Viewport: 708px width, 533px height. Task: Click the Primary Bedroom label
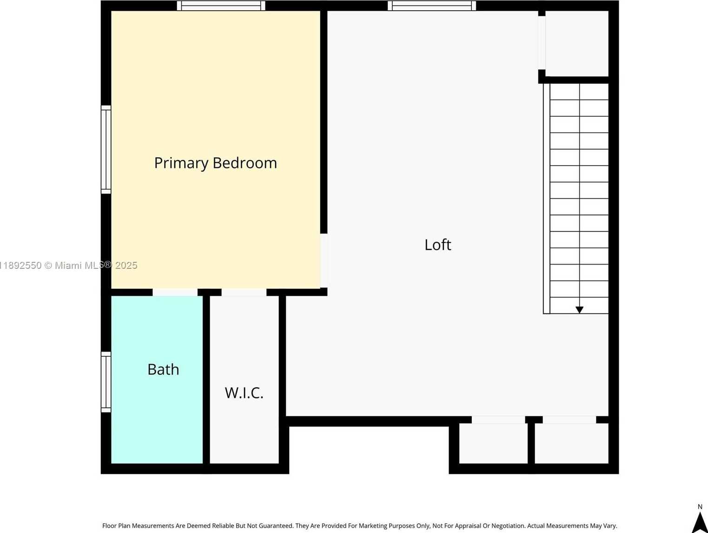pos(215,163)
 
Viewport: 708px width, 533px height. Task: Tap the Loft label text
pos(438,245)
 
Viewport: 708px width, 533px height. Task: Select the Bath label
pos(163,369)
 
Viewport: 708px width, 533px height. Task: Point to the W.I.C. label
pos(244,393)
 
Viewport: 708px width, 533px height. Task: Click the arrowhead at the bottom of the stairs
pos(579,310)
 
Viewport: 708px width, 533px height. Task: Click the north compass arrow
pos(700,523)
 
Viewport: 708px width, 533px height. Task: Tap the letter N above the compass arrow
pos(700,507)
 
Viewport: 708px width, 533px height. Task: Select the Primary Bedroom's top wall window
pos(221,6)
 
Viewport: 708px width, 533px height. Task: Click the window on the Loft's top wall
pos(431,6)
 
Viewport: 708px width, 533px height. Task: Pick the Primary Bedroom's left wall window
pos(106,149)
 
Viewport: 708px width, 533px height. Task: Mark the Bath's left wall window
pos(106,382)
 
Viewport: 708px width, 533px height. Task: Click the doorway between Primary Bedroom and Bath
pos(175,292)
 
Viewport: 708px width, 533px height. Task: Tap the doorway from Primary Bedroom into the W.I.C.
pos(244,292)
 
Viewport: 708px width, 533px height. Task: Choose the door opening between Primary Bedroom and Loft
pos(324,261)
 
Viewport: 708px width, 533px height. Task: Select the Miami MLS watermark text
pos(69,266)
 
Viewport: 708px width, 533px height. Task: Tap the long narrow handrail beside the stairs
pos(546,199)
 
